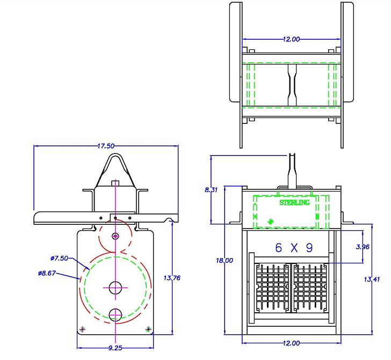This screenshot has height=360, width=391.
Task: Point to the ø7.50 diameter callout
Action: pyautogui.click(x=60, y=258)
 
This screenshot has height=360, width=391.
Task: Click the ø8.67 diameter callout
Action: pyautogui.click(x=47, y=273)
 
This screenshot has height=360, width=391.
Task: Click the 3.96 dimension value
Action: pyautogui.click(x=363, y=247)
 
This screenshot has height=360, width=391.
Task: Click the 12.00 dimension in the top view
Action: pyautogui.click(x=291, y=39)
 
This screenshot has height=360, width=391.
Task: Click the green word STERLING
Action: pyautogui.click(x=294, y=203)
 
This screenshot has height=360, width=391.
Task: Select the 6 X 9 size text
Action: pyautogui.click(x=294, y=248)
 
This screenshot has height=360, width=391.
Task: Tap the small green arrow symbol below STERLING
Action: pyautogui.click(x=270, y=221)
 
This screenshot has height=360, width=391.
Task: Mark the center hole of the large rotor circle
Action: pyautogui.click(x=115, y=288)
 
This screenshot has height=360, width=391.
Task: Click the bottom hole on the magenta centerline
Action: pyautogui.click(x=115, y=315)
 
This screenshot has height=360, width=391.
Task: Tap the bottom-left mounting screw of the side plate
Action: pyautogui.click(x=82, y=329)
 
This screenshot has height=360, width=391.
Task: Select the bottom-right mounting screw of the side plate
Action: pyautogui.click(x=148, y=328)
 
